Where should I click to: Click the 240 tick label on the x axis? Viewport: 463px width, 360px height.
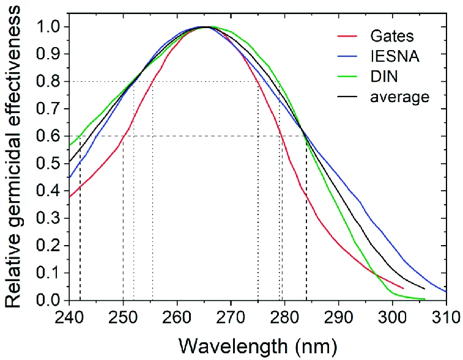click(69, 318)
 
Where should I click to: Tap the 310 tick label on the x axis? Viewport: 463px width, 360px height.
click(446, 318)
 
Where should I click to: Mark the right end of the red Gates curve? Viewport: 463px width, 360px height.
click(403, 288)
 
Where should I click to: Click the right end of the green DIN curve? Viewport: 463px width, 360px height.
click(424, 299)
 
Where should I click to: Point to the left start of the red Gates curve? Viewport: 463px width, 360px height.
click(70, 197)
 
